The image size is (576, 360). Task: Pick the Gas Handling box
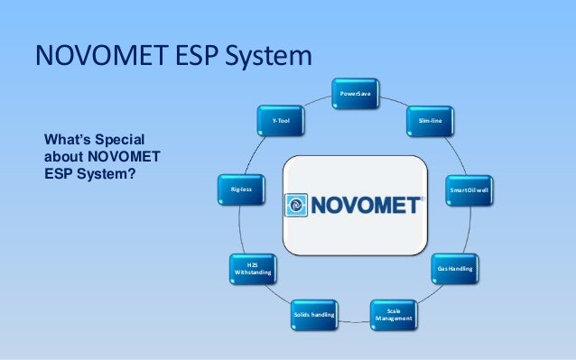coord(454,269)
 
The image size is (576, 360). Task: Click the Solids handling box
coord(313,315)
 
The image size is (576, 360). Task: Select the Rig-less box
coord(241,190)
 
